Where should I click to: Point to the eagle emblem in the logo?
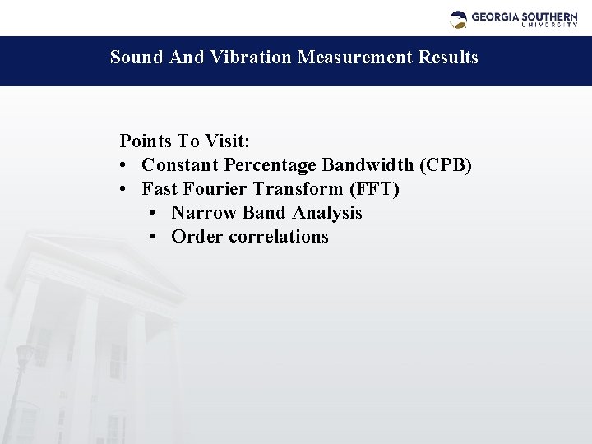[x=459, y=19]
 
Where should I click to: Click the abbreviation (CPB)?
[x=445, y=165]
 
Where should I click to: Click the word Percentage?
[x=259, y=165]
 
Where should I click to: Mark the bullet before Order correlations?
[x=154, y=237]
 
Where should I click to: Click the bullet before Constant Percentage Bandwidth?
[x=123, y=165]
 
